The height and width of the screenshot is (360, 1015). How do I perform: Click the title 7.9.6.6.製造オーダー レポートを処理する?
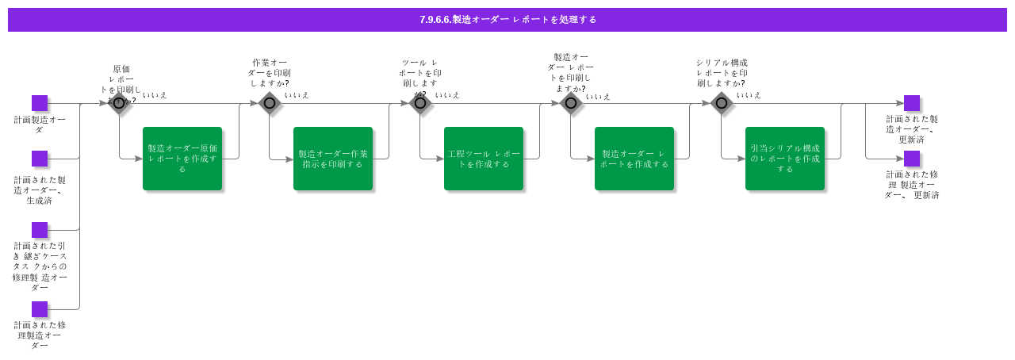(x=507, y=20)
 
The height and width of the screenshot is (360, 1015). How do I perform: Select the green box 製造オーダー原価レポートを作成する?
(x=182, y=159)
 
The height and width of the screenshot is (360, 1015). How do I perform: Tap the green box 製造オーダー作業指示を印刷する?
(x=333, y=159)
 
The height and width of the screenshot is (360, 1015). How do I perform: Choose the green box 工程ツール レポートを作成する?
(x=484, y=159)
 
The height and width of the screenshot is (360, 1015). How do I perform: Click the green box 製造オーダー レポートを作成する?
(x=634, y=159)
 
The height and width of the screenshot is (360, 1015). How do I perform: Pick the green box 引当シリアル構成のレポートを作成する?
(x=785, y=159)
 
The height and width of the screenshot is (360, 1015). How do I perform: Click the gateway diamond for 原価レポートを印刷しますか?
(x=119, y=103)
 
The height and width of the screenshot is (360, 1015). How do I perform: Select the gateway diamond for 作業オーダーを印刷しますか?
(x=270, y=103)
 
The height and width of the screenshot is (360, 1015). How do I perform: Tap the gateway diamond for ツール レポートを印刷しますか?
(x=420, y=103)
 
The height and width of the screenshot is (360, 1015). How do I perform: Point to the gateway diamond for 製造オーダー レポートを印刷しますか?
(x=571, y=103)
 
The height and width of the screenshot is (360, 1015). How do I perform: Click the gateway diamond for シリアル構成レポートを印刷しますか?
(x=722, y=103)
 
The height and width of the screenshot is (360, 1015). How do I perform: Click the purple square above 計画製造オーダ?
(x=40, y=103)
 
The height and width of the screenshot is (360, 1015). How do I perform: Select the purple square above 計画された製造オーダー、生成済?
(x=40, y=159)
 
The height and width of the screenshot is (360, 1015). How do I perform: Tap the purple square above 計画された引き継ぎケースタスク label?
(x=40, y=230)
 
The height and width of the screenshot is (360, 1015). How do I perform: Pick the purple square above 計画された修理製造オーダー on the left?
(x=40, y=309)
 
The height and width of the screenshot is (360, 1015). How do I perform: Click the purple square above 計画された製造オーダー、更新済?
(x=912, y=103)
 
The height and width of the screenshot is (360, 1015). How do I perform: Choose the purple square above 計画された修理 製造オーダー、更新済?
(x=912, y=159)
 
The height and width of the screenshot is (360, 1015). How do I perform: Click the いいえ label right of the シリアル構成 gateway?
(x=749, y=95)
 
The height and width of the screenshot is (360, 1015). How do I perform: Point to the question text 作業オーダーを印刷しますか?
(x=270, y=73)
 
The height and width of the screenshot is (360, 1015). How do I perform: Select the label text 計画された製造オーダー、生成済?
(x=40, y=190)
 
